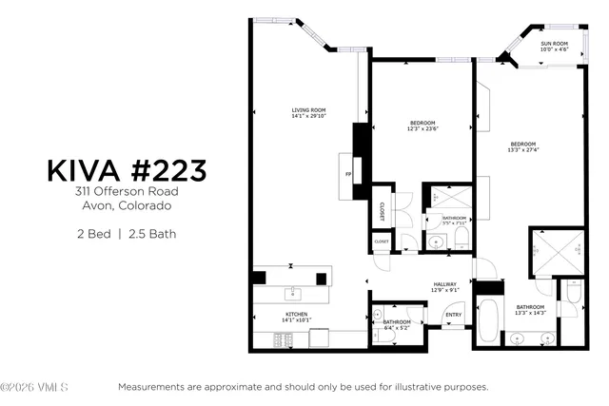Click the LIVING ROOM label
point(308,113)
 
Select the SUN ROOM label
point(554,46)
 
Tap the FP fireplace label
point(348,175)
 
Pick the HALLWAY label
point(445,286)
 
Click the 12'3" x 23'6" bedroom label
point(422,126)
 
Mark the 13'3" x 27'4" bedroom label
point(523,147)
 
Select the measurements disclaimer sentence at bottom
point(303,387)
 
